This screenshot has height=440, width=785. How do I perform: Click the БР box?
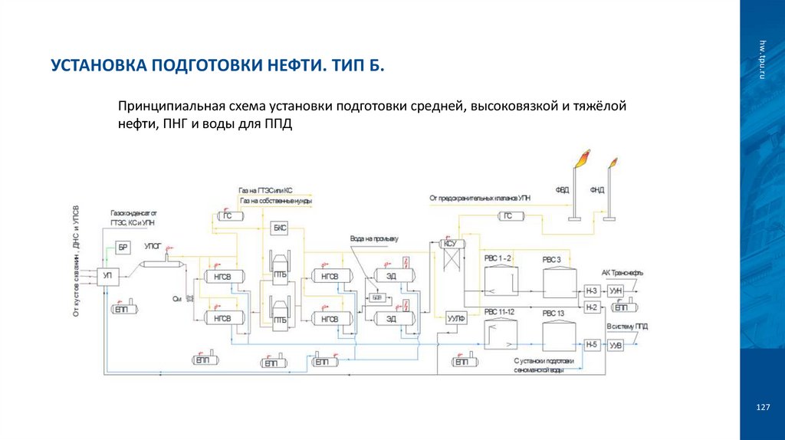coord(123,246)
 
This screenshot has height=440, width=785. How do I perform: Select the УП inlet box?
coord(108,274)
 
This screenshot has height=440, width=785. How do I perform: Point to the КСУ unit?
coord(451,245)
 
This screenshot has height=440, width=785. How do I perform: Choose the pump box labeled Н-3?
coord(591,291)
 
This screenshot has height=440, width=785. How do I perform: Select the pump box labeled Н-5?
coord(591,345)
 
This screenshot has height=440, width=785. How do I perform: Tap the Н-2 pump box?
coord(591,307)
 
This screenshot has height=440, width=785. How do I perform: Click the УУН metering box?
coord(616,291)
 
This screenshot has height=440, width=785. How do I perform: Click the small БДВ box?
coord(376,296)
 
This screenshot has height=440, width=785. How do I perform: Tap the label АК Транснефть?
coord(622,273)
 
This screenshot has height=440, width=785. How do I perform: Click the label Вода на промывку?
coord(375,239)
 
